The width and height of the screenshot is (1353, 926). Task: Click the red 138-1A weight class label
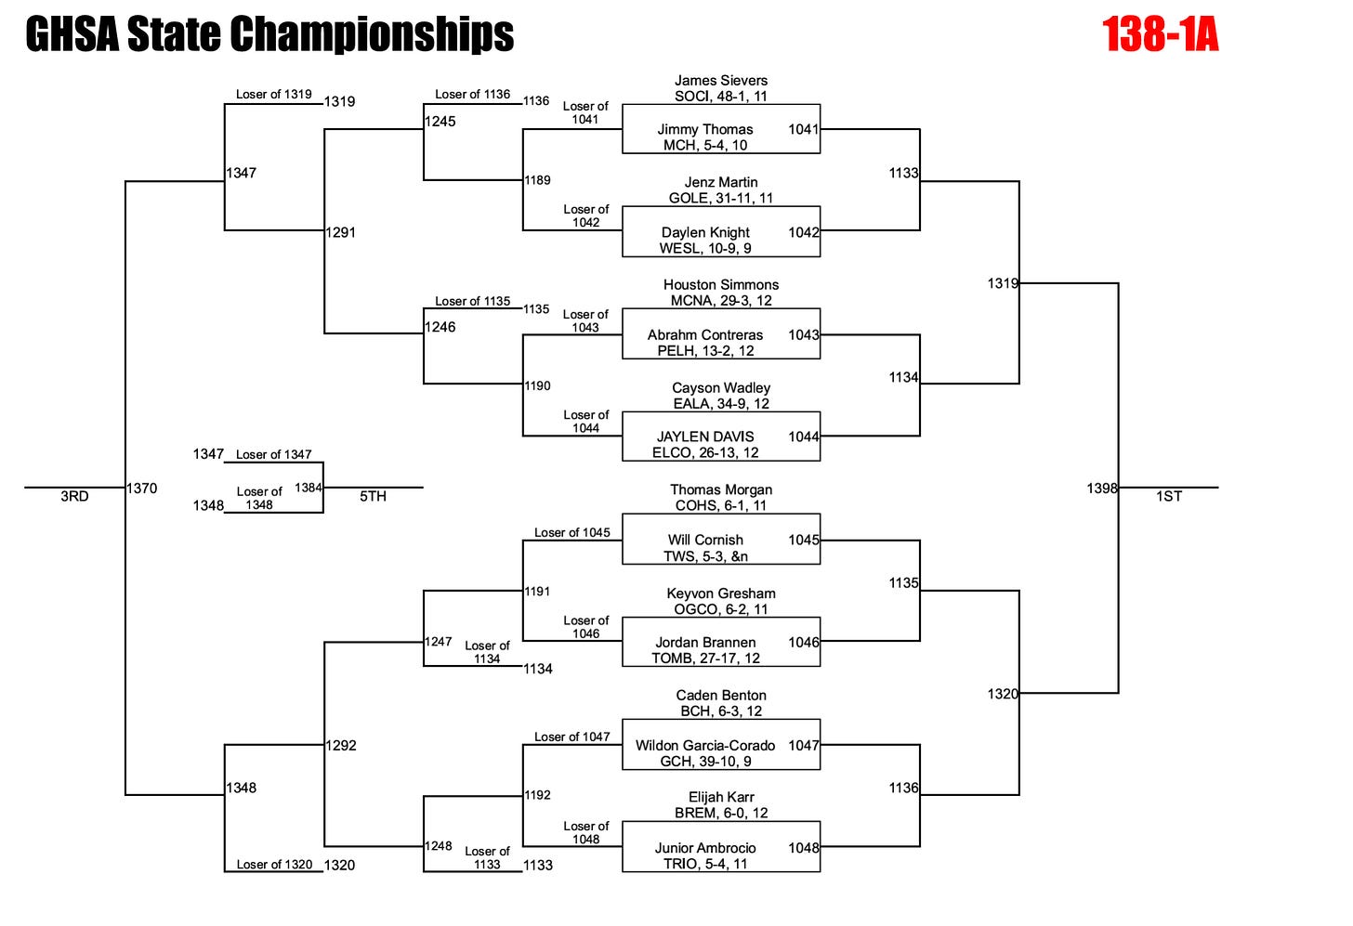1160,35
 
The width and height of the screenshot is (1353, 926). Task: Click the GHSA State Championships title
269,34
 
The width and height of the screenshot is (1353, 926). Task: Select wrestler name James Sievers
721,81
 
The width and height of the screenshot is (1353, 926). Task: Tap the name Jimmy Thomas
705,129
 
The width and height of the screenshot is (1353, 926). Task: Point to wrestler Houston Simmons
721,285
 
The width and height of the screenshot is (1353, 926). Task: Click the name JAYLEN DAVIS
705,437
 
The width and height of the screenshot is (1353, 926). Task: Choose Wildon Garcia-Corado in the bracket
705,745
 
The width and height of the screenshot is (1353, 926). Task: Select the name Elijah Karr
721,797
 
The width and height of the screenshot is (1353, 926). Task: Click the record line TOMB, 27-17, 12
705,659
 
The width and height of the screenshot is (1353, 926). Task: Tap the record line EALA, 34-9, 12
721,404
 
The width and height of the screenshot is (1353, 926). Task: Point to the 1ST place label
1169,497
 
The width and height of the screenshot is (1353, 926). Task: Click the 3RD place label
74,497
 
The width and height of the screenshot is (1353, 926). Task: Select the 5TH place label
373,497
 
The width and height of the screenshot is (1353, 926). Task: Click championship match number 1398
1102,489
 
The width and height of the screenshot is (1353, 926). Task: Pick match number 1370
142,489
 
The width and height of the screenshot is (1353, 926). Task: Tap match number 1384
309,488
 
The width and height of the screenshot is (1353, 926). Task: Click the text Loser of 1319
274,94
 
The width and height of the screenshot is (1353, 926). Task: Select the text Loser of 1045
572,532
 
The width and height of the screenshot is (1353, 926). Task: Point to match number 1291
341,232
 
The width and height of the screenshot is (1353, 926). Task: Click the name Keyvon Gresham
721,593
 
